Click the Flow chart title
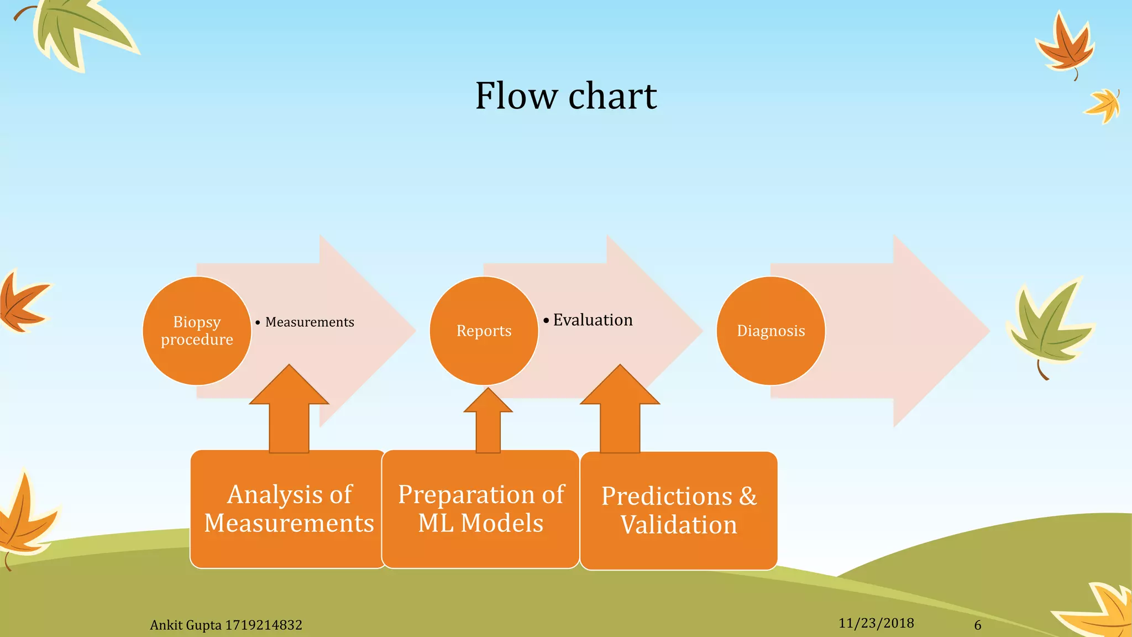pyautogui.click(x=565, y=96)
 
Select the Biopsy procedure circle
pyautogui.click(x=197, y=331)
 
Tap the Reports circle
pyautogui.click(x=484, y=331)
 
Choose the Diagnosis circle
pyautogui.click(x=771, y=331)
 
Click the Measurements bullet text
pyautogui.click(x=309, y=322)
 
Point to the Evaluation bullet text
pyautogui.click(x=592, y=320)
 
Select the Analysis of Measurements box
pyautogui.click(x=289, y=509)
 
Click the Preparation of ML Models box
pyautogui.click(x=480, y=509)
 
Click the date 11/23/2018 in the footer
pyautogui.click(x=876, y=623)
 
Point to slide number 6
pyautogui.click(x=977, y=625)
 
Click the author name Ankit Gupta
pyautogui.click(x=186, y=625)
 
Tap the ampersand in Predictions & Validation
pyautogui.click(x=748, y=496)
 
